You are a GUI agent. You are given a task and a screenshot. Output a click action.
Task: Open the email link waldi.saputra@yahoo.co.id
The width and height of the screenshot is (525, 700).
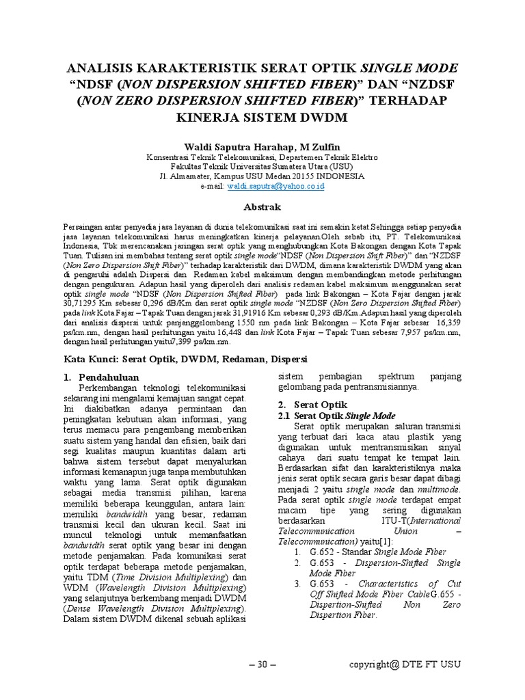coord(275,186)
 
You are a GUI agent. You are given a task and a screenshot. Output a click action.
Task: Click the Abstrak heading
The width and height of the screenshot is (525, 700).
coord(262,206)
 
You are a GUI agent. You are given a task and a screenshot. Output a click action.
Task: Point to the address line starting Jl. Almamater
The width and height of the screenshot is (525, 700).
coord(262,176)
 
